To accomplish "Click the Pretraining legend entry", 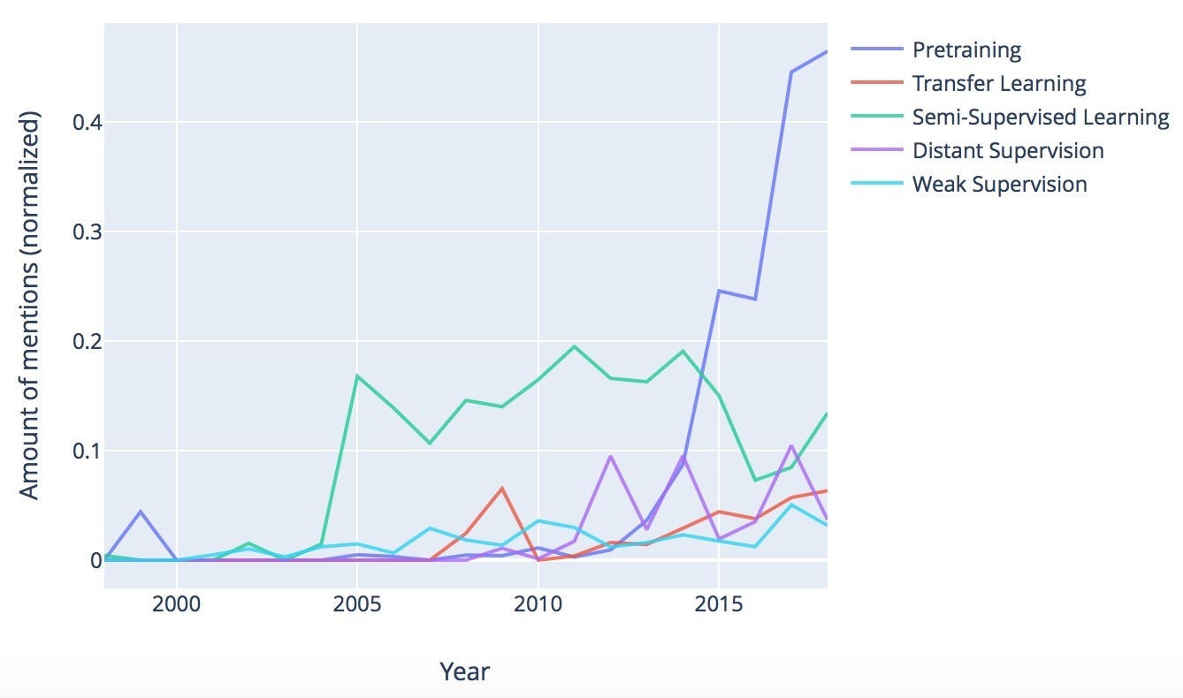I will click(966, 49).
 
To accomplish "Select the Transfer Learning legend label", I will click(998, 83).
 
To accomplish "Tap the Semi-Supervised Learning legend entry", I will click(1040, 117).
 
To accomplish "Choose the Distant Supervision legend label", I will click(1007, 150).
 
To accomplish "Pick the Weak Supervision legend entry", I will click(999, 184).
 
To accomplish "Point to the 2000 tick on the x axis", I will click(177, 611).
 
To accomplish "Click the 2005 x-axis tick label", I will click(357, 611).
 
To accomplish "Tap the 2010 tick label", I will click(538, 611).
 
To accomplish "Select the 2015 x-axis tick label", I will click(719, 611).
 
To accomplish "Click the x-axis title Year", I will click(464, 671).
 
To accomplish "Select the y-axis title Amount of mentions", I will click(30, 305).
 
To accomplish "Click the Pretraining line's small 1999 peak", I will click(141, 512).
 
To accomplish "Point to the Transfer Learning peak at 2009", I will click(502, 488).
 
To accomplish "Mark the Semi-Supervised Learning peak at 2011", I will click(575, 346).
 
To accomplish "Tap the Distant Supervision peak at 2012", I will click(610, 457).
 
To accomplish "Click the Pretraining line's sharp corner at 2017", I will click(791, 72).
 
